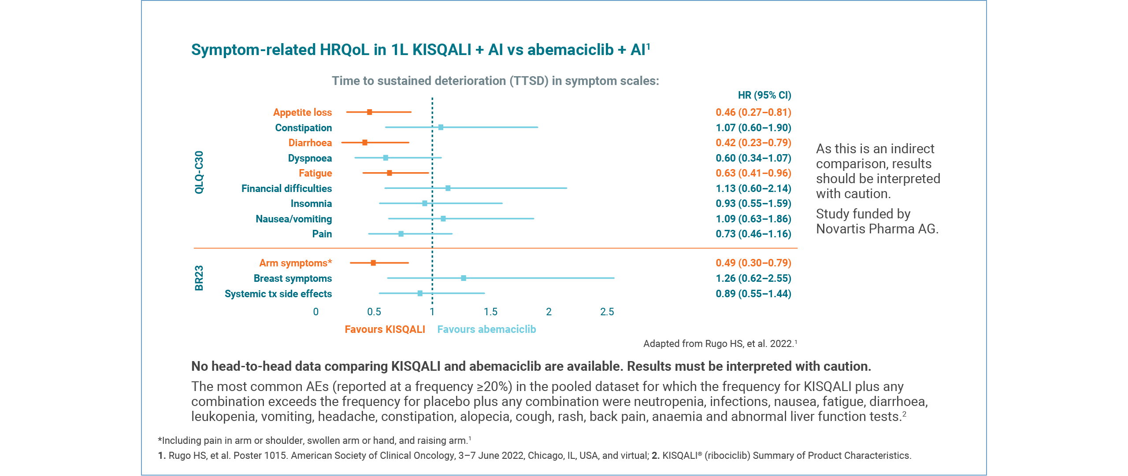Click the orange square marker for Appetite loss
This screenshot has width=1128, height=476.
[369, 112]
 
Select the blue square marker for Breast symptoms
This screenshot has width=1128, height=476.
[463, 278]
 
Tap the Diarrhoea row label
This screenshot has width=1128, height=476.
[310, 143]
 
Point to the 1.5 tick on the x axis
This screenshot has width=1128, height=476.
[490, 312]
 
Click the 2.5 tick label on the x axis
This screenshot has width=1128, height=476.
[607, 312]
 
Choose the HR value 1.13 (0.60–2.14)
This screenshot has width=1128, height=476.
[753, 188]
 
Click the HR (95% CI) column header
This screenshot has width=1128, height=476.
[764, 95]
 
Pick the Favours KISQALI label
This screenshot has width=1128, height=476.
[385, 329]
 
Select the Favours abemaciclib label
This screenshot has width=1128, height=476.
[486, 329]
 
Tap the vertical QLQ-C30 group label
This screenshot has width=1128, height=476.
[199, 172]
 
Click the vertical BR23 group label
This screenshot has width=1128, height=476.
[199, 278]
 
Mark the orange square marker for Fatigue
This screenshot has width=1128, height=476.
[389, 173]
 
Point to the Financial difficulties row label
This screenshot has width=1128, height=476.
[286, 188]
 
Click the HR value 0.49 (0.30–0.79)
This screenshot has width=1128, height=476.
[753, 263]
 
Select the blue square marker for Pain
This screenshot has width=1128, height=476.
[401, 234]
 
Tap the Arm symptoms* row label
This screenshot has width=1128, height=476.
[295, 263]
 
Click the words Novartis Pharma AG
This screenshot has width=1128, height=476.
[877, 229]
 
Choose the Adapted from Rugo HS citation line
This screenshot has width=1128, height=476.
[720, 343]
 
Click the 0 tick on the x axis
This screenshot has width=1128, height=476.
[315, 312]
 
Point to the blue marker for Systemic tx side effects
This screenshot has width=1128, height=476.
[419, 293]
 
